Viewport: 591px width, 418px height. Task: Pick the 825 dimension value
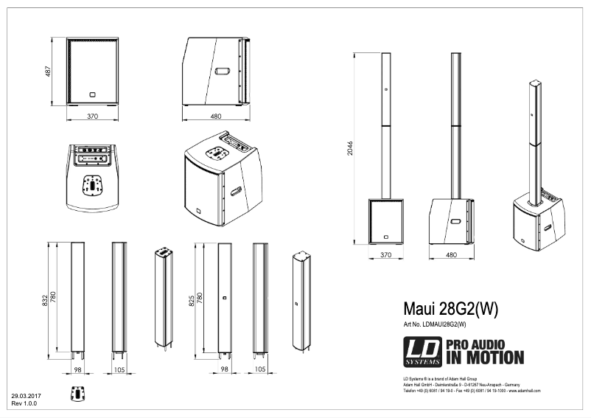click(x=192, y=299)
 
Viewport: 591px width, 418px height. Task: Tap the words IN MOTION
click(x=485, y=359)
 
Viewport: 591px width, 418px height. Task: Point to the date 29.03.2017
click(x=27, y=397)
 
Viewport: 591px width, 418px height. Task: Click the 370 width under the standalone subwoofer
click(x=92, y=116)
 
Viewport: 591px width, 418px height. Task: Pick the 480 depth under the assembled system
click(x=451, y=254)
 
